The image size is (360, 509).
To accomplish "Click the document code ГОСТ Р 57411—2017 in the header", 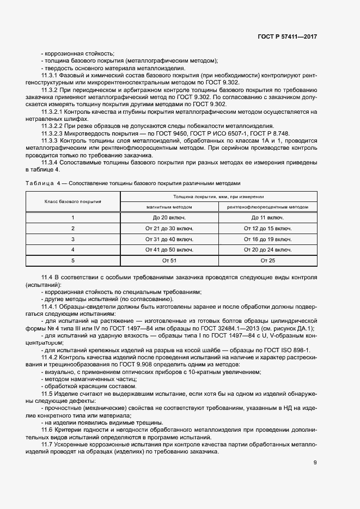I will tap(287, 36).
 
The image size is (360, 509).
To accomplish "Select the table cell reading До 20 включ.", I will tap(169, 217).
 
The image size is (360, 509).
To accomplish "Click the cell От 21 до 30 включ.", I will tap(169, 228).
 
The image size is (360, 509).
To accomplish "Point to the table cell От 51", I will tap(169, 261).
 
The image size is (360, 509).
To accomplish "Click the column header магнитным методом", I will tap(169, 207).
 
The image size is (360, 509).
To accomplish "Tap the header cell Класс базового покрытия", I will tap(72, 201).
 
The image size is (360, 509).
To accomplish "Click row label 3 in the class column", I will tap(72, 239).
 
